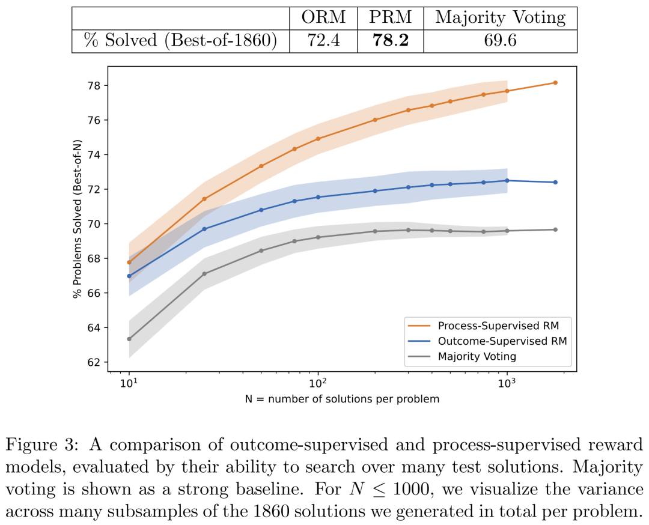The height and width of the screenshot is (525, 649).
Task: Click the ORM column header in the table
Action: pos(323,17)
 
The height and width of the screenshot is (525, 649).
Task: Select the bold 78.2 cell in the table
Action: pos(390,41)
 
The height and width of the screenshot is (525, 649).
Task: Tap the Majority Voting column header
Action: pos(500,17)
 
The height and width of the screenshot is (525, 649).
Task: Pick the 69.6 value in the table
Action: pos(500,41)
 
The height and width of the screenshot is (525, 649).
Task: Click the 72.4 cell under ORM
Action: pos(323,41)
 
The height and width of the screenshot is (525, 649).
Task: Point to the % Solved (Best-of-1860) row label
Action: pos(180,41)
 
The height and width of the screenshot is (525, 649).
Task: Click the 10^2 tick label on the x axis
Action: pos(317,383)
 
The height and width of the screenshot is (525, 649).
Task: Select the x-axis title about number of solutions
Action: pos(342,399)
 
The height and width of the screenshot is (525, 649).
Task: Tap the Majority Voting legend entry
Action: pos(477,356)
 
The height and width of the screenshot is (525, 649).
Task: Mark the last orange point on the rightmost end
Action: pos(555,83)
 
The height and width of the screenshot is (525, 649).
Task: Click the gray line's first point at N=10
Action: pos(129,339)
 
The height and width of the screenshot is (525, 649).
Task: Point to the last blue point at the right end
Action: pos(555,182)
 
